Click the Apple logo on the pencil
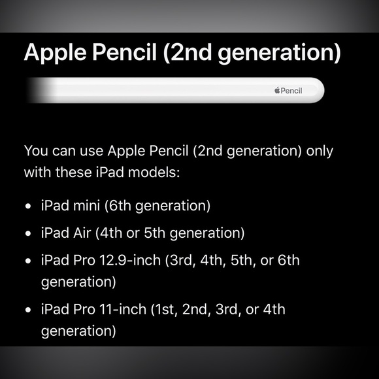tap(276, 90)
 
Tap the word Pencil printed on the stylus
tap(291, 90)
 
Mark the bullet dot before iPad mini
tap(28, 206)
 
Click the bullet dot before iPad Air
tap(28, 233)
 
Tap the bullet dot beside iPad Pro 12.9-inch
tap(28, 261)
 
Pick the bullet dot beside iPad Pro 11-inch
tap(28, 309)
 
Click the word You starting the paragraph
tap(36, 151)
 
